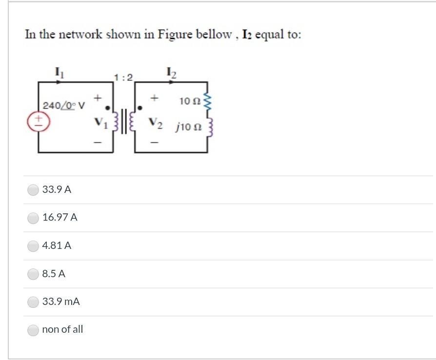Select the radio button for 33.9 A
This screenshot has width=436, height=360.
[x=33, y=189]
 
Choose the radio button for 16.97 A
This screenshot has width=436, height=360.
[x=33, y=218]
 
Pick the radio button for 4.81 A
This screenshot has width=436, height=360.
[x=33, y=246]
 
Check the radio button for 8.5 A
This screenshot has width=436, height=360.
[x=33, y=274]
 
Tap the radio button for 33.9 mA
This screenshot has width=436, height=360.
[x=33, y=302]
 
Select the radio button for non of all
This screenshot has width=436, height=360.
[x=33, y=330]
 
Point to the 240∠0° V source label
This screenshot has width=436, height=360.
[x=64, y=105]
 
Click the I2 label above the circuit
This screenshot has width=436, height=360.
[x=172, y=74]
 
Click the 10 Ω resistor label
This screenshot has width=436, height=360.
[x=188, y=101]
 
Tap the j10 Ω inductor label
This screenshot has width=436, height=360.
[x=189, y=128]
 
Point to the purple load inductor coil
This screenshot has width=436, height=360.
[x=210, y=128]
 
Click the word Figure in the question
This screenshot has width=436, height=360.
[x=175, y=35]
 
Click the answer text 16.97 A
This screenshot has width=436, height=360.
[x=60, y=218]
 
